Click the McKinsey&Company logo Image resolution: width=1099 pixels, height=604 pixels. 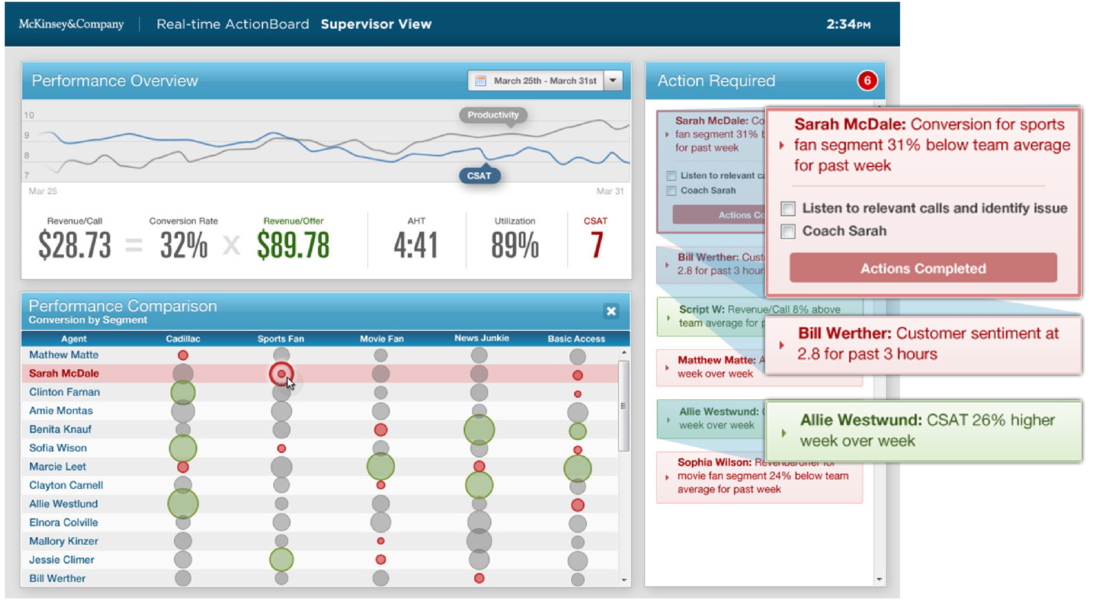click(x=71, y=24)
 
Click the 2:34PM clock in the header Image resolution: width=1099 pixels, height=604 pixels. click(x=848, y=24)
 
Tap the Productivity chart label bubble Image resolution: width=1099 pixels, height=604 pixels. click(x=493, y=115)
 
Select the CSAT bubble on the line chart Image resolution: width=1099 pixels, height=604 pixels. click(x=479, y=176)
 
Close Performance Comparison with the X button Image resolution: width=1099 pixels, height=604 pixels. click(x=611, y=311)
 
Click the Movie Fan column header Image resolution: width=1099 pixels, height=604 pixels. click(x=381, y=339)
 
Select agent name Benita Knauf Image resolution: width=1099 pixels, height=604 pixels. click(x=60, y=429)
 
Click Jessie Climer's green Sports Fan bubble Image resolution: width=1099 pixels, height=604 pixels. click(x=281, y=559)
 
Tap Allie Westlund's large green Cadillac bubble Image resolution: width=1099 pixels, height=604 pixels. click(x=183, y=503)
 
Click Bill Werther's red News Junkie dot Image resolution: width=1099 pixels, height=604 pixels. click(x=479, y=578)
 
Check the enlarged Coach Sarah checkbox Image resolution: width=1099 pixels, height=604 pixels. click(x=788, y=231)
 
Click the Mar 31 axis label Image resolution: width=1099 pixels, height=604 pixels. click(x=610, y=191)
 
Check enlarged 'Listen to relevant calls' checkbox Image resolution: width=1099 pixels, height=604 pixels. click(x=788, y=208)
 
